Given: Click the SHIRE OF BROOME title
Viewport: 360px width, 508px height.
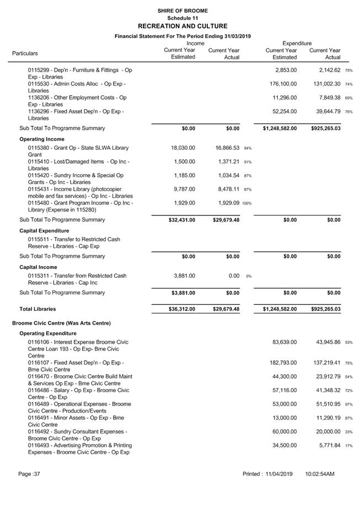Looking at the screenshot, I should (x=182, y=10).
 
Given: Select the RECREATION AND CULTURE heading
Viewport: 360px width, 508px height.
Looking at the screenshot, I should (x=182, y=26).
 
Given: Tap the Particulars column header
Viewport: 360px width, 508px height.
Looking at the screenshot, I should (x=25, y=53).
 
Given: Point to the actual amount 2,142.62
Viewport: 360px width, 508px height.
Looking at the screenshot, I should (x=327, y=70).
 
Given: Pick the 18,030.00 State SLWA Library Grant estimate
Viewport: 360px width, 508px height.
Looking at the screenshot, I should (x=182, y=148).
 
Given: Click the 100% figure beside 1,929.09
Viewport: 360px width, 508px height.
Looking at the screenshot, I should (x=246, y=203).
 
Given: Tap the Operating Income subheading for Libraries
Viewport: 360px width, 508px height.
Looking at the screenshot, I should (x=42, y=139).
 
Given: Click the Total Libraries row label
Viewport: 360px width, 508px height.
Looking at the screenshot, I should (x=37, y=309).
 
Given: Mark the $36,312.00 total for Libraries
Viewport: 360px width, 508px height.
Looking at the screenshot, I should (x=181, y=309).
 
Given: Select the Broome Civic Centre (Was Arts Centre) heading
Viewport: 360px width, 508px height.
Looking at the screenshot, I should (x=62, y=323).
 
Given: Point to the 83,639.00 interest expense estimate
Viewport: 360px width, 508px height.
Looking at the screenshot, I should (x=284, y=342).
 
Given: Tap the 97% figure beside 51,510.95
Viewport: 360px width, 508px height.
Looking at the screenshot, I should (x=349, y=404).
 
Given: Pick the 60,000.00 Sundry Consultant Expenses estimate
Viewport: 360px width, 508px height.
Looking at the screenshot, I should (x=284, y=431).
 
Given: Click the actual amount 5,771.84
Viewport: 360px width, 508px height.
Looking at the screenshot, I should (x=327, y=445).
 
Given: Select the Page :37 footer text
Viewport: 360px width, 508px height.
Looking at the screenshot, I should (x=29, y=474).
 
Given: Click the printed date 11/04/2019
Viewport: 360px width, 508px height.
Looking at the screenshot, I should (x=278, y=474).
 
